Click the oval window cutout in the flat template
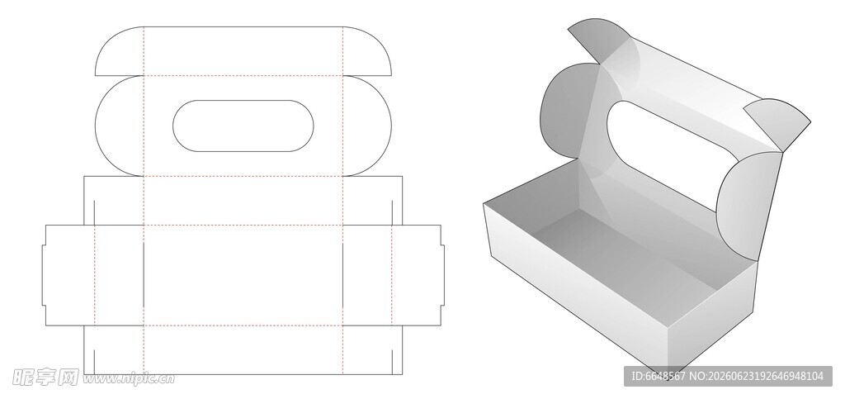click(x=243, y=126)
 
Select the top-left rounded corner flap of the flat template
click(x=119, y=51)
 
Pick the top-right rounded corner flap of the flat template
click(x=367, y=51)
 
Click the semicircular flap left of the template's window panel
click(x=119, y=126)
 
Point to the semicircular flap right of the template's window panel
click(x=367, y=126)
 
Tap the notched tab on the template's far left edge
click(x=45, y=276)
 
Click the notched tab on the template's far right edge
click(x=442, y=276)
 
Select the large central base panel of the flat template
click(x=243, y=276)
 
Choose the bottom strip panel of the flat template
click(x=243, y=350)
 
